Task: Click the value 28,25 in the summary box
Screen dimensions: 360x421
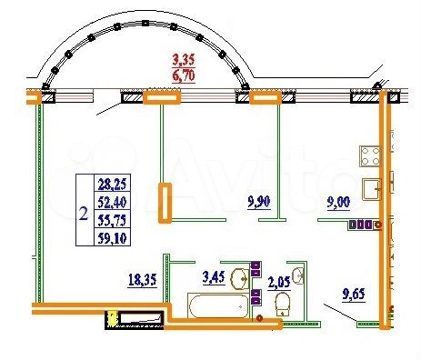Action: pos(114,185)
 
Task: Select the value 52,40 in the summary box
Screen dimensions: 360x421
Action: pos(114,200)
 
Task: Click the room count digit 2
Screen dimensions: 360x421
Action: pos(84,215)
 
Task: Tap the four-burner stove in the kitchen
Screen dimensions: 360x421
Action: pos(371,154)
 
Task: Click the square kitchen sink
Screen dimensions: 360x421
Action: pos(373,189)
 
